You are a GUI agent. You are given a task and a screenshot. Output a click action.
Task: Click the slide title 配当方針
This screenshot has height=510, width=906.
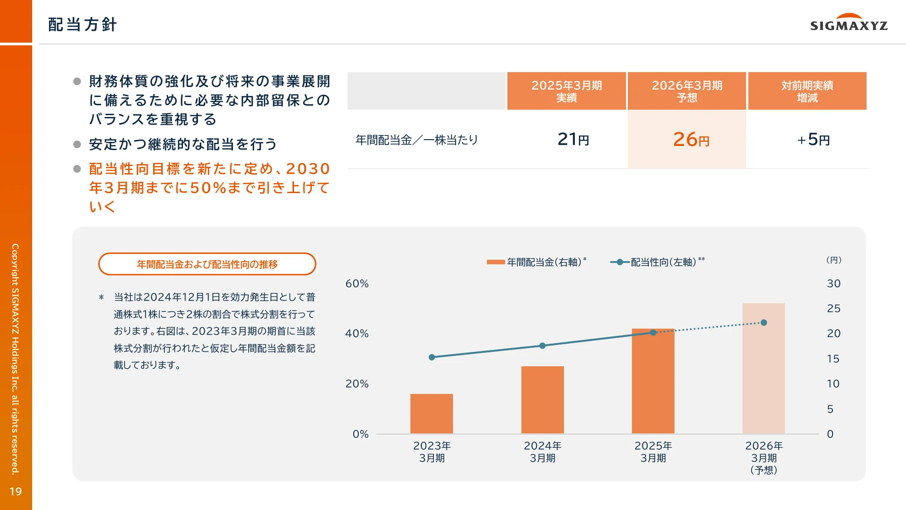click(x=82, y=24)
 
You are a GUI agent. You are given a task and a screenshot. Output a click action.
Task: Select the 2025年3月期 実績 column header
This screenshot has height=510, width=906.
click(x=566, y=91)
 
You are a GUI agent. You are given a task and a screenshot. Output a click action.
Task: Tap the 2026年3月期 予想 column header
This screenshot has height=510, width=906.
click(x=687, y=91)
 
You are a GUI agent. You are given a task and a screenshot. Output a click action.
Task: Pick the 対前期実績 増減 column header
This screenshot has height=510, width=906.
click(x=807, y=91)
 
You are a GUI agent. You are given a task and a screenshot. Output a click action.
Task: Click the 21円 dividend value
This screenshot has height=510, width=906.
click(x=573, y=140)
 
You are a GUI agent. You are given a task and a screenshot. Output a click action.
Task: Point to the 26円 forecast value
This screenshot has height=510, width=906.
click(x=691, y=140)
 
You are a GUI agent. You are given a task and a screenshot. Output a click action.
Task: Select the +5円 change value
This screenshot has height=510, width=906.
click(x=813, y=140)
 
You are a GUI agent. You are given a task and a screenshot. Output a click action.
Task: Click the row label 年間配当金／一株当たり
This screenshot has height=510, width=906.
click(x=417, y=140)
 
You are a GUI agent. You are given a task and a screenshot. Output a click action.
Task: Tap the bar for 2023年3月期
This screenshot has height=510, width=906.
click(x=431, y=413)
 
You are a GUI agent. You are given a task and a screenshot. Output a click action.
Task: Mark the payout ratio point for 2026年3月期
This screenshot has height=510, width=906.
click(x=764, y=323)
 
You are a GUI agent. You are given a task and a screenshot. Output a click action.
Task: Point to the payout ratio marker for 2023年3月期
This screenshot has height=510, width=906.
click(x=432, y=357)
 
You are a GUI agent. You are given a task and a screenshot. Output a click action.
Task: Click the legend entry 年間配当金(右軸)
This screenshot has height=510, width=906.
click(x=537, y=262)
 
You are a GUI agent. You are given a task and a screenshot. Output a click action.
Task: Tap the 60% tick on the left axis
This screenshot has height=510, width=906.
click(x=357, y=284)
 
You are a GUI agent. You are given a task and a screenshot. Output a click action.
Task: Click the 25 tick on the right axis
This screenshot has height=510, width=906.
click(x=834, y=309)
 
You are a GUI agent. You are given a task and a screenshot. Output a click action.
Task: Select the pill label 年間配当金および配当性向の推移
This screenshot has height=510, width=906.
click(x=207, y=264)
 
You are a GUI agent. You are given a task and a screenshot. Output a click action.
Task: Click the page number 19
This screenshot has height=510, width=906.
click(x=16, y=491)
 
